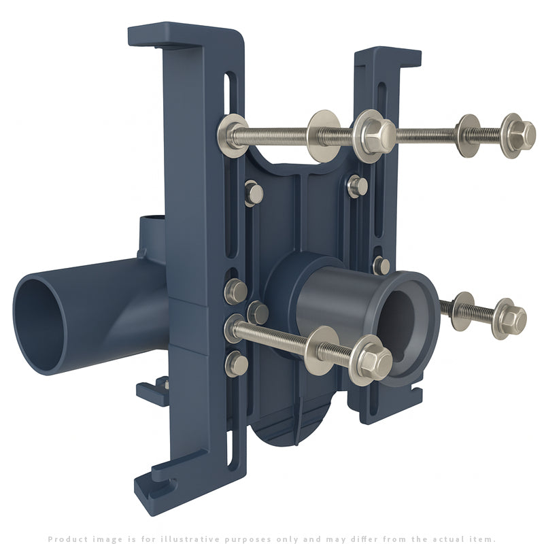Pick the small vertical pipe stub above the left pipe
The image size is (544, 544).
(x=153, y=235)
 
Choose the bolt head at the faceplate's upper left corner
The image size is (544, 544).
(x=254, y=193)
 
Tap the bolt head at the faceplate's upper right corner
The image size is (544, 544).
(x=356, y=186)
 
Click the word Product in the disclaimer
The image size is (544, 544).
(x=66, y=539)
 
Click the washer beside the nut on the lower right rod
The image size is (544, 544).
(x=464, y=311)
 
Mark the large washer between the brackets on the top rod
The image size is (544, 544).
(x=323, y=135)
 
